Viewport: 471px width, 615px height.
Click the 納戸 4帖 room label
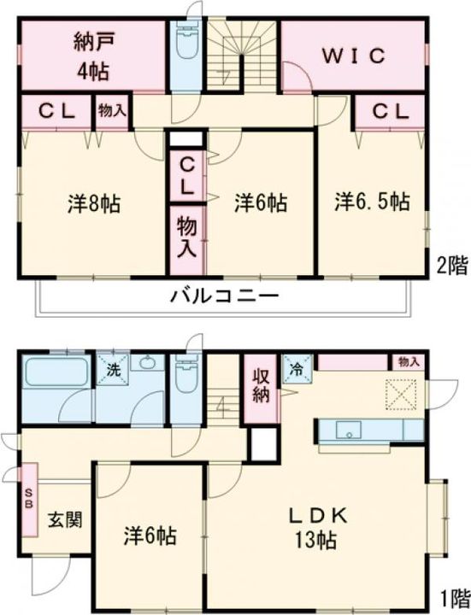91,55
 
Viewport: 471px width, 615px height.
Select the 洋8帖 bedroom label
93,204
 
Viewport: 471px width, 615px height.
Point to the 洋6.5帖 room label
372,202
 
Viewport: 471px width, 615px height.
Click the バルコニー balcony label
224,298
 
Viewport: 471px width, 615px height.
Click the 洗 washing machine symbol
113,371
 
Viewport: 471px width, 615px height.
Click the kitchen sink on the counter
350,429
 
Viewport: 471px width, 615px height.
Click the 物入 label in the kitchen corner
409,361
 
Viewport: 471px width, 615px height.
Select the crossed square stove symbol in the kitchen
398,394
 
